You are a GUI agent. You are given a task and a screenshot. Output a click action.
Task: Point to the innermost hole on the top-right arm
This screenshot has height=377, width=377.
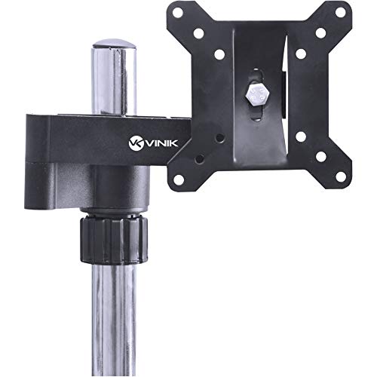(x=300, y=54)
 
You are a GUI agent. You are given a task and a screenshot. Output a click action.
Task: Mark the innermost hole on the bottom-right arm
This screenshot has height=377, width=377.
(x=300, y=137)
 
